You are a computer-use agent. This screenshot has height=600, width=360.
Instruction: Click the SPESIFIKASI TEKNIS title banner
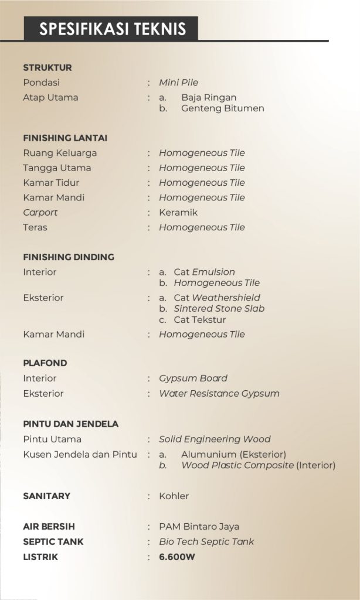click(111, 29)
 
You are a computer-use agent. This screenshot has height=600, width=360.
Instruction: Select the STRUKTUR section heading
click(47, 67)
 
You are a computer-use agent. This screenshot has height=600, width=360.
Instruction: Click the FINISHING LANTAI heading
click(65, 138)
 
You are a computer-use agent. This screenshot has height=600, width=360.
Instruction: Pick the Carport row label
click(40, 212)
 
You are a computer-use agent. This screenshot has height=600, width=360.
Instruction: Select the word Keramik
click(178, 212)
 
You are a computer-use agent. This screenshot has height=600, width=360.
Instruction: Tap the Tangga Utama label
click(57, 168)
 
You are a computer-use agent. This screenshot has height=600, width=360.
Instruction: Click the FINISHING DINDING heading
click(69, 257)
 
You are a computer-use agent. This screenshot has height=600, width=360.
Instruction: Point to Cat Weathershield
click(217, 298)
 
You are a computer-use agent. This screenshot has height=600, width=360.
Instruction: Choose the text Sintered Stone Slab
click(219, 309)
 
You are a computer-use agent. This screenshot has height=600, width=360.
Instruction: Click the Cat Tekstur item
click(199, 320)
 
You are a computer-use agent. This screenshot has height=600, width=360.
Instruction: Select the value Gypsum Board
click(193, 379)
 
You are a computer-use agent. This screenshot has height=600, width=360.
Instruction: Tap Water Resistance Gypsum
click(219, 394)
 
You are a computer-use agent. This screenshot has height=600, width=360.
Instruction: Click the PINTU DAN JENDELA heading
click(71, 424)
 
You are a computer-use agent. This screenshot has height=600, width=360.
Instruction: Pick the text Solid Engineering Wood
click(215, 439)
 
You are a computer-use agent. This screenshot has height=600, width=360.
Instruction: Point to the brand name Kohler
click(174, 496)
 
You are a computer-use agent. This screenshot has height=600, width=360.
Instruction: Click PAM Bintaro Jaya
click(199, 527)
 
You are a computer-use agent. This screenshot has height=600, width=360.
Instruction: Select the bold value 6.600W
click(177, 557)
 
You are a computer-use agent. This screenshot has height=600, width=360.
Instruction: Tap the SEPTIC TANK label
click(53, 542)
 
